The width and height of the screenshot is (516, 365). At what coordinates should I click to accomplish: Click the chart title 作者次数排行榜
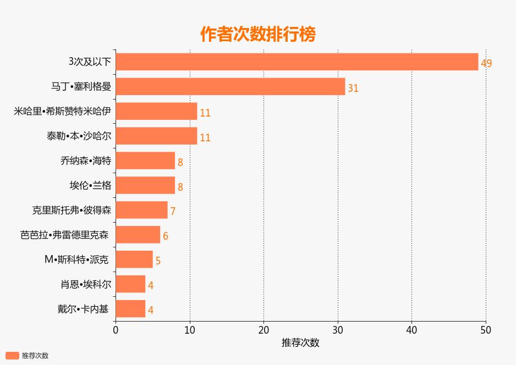coord(258,35)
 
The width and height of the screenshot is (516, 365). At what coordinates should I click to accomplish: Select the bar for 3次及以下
coord(297,62)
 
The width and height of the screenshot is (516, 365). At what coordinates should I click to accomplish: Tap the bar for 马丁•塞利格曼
coord(230,87)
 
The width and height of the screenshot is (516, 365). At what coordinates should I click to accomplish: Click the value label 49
coord(486,63)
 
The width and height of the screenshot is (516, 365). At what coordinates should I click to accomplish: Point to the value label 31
coord(353,88)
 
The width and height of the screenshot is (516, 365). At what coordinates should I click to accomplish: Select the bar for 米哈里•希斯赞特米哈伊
coord(156,111)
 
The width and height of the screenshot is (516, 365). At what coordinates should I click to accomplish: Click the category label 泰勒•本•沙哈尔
coord(79,136)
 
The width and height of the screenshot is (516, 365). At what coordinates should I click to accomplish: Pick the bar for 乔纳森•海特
coord(145,161)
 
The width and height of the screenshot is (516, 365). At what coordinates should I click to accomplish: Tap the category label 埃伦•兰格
coord(90,185)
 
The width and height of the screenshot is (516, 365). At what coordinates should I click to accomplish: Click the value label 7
coord(173,211)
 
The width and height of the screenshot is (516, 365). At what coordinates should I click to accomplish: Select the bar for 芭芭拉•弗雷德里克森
coord(138,235)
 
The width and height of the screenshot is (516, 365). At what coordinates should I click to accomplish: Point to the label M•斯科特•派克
coord(76,259)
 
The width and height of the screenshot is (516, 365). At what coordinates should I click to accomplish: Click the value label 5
coord(158,261)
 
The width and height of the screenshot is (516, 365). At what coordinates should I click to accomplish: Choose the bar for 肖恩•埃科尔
coord(130,284)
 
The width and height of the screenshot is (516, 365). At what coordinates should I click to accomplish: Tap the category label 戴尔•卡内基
coord(83,309)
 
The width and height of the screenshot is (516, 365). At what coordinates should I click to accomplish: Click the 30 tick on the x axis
coord(338,330)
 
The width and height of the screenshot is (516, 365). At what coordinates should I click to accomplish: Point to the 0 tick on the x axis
coord(116,330)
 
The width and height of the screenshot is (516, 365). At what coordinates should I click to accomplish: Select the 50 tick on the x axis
coord(485,330)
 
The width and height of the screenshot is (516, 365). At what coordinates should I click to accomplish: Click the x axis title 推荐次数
coord(300,342)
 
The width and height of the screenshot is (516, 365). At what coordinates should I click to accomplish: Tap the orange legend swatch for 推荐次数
coord(12,356)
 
